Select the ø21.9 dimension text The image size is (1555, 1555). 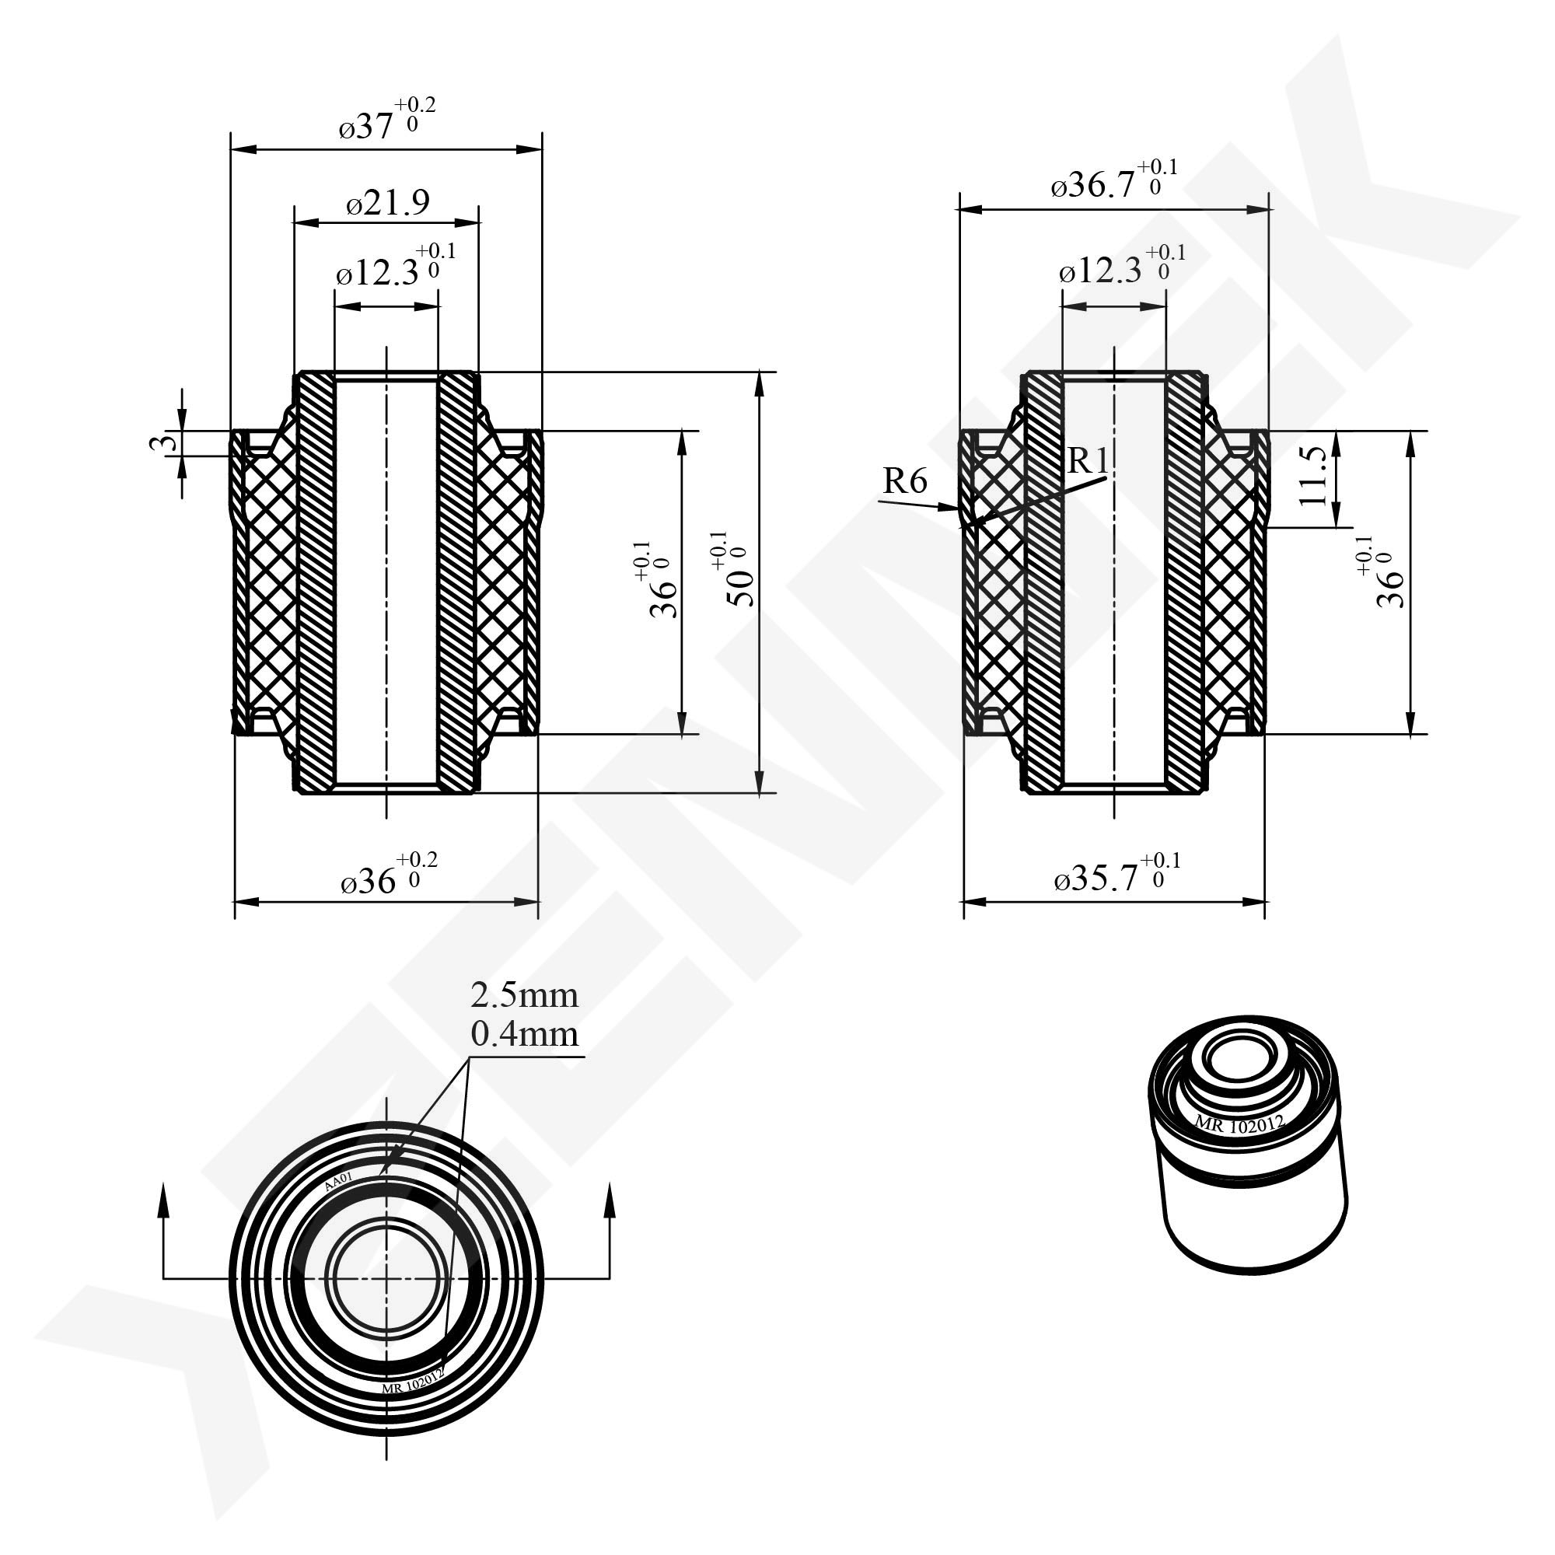pyautogui.click(x=388, y=203)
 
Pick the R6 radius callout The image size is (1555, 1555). pyautogui.click(x=905, y=481)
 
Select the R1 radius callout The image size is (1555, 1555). pyautogui.click(x=1088, y=461)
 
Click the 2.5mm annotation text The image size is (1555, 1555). pyautogui.click(x=524, y=996)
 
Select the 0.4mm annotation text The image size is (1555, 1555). pyautogui.click(x=524, y=1034)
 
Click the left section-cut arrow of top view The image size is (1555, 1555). pyautogui.click(x=164, y=1207)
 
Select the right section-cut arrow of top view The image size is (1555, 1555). pyautogui.click(x=609, y=1207)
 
